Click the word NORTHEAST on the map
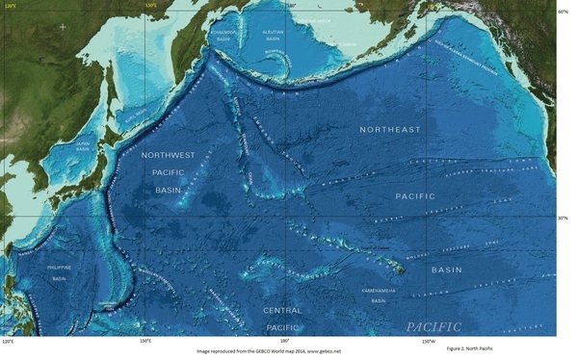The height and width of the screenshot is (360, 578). coord(390,129)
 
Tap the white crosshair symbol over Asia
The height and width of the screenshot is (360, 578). coord(63,26)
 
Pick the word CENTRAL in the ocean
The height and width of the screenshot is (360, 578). coord(282,310)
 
